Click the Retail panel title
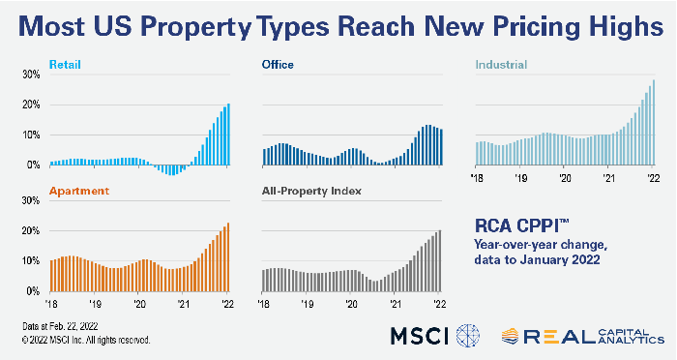[x=64, y=65]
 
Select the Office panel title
[x=278, y=65]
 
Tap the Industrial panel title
[x=500, y=65]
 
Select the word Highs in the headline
[x=615, y=26]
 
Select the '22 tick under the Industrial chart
[x=655, y=179]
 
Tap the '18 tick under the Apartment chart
[x=50, y=302]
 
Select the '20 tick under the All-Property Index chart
[x=351, y=302]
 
